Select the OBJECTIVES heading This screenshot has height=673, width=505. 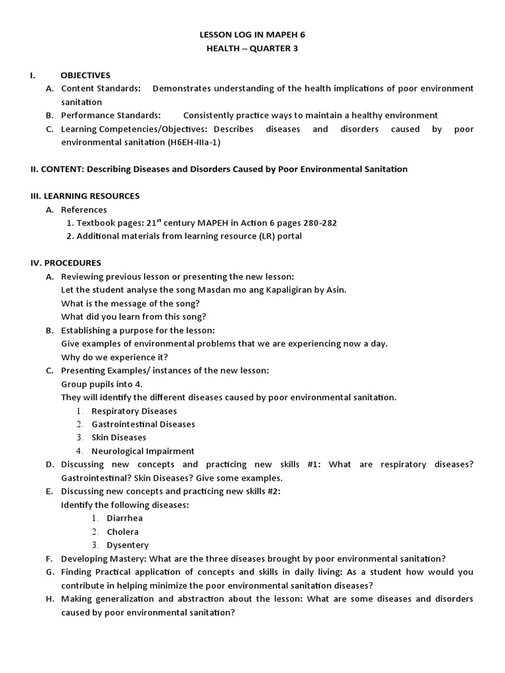(85, 75)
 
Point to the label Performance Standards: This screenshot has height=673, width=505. (110, 115)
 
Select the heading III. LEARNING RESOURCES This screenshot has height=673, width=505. (85, 196)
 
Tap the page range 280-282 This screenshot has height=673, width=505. (316, 223)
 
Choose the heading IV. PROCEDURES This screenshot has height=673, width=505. (66, 263)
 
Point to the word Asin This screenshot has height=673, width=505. (335, 290)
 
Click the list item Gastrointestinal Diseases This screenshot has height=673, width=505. (143, 424)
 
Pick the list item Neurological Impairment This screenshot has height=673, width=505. (143, 451)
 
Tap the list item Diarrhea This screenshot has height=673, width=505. (125, 518)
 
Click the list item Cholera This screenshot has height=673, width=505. (123, 532)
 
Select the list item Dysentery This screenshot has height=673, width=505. (128, 545)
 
